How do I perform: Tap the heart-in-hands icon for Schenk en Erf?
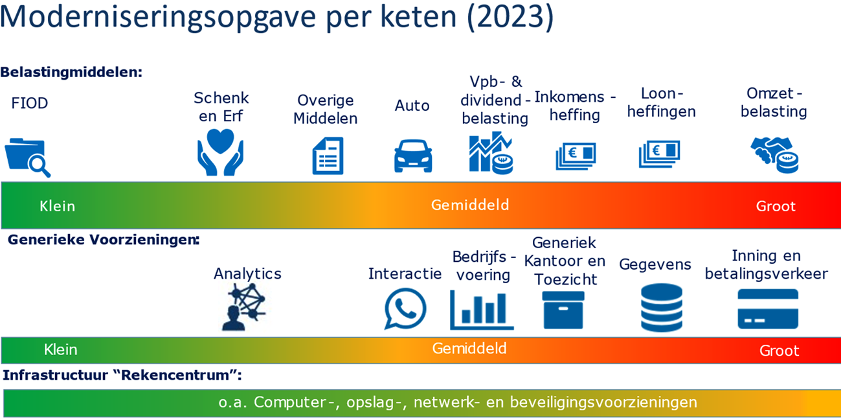coord(220,152)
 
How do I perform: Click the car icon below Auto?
coord(412,156)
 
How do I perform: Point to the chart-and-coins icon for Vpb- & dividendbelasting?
coord(491,153)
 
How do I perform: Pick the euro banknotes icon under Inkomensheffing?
coord(575,156)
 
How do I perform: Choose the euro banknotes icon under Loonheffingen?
coord(660,154)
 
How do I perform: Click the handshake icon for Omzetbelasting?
coord(775,154)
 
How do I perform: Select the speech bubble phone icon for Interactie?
coord(405,308)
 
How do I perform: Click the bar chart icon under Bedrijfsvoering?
coord(482,310)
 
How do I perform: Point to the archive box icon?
coord(563,310)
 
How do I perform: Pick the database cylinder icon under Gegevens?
coord(661,308)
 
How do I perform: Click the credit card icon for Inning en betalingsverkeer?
coord(767,309)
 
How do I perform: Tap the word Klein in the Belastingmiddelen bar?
coord(57,206)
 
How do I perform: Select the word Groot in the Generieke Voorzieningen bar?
coord(779,351)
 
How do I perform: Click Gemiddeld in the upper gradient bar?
coord(470,205)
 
